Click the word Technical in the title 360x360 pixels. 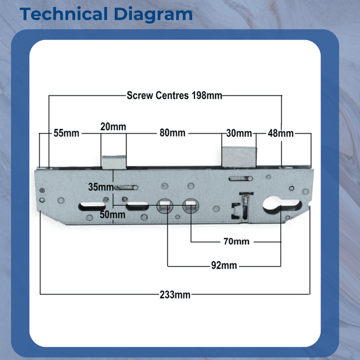point(64,14)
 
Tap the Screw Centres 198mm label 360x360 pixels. point(174,96)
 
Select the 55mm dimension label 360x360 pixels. point(66,133)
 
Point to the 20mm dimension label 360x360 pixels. point(113,127)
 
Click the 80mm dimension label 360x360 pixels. point(172,133)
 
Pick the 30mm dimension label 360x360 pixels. point(239,133)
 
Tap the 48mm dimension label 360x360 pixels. point(281,133)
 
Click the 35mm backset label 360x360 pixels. point(101,187)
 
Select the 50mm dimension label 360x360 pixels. point(113,214)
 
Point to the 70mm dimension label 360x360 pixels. point(237,242)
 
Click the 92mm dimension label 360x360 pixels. point(224,265)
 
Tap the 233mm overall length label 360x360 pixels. point(175,295)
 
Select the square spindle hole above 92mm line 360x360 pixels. point(165,206)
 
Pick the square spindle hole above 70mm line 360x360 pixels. point(191,206)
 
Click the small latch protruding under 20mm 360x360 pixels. point(114,162)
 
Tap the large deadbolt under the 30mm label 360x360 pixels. point(239,157)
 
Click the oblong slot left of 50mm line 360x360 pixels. point(92,206)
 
